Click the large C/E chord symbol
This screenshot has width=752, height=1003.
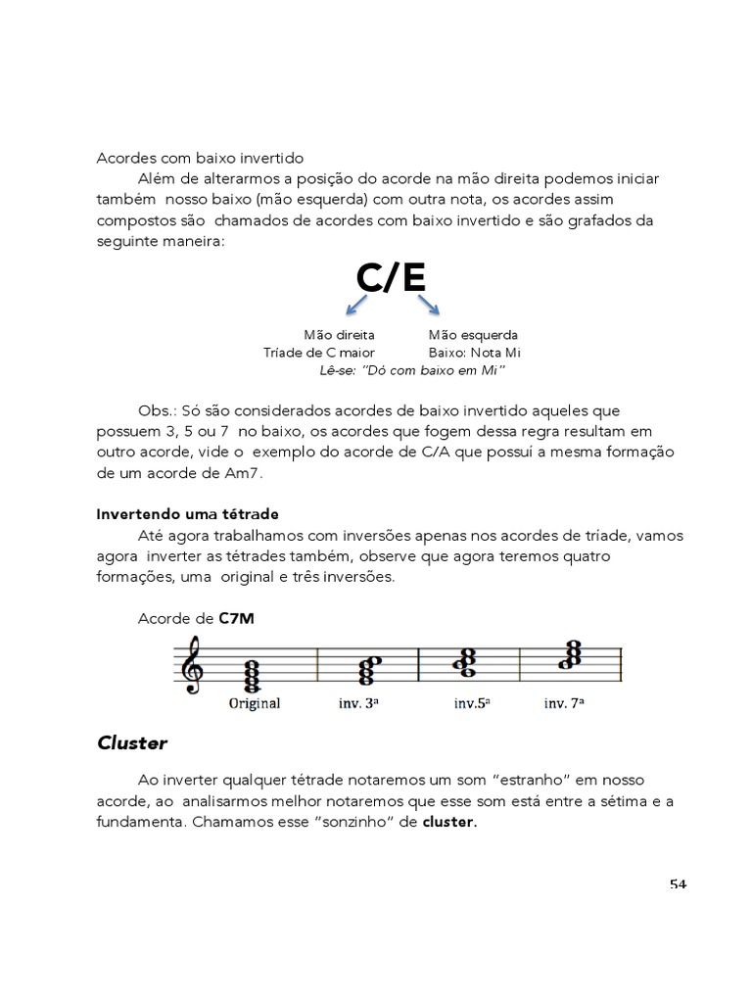point(391,277)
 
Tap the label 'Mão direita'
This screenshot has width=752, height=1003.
point(339,335)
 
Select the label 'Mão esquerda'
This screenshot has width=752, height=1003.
point(473,335)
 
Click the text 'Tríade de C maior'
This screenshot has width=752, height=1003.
point(319,353)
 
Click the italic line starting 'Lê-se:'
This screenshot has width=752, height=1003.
point(411,370)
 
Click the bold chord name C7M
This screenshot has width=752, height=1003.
point(237,618)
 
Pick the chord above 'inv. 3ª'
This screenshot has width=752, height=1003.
point(370,669)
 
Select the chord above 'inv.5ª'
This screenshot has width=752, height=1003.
point(464,663)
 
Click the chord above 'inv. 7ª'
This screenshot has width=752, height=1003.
point(570,654)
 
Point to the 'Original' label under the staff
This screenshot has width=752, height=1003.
point(255,703)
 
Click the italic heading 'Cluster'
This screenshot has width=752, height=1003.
point(132,743)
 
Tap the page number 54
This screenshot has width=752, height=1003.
point(678,884)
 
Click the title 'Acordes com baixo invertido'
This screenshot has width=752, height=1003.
point(200,158)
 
